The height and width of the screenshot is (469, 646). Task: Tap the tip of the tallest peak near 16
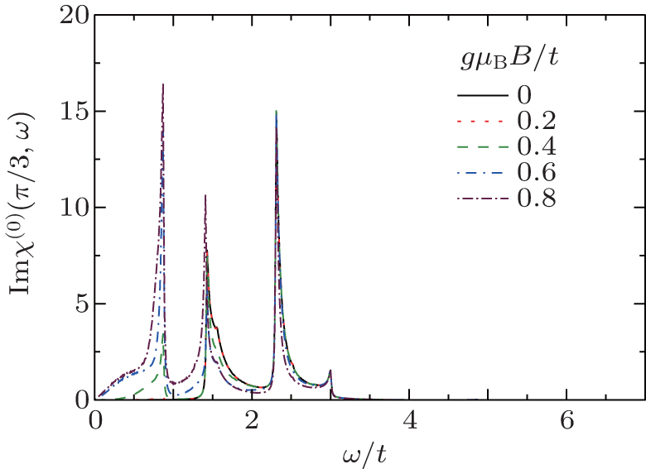[x=163, y=84]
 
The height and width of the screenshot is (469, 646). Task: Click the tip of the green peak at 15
[x=276, y=112]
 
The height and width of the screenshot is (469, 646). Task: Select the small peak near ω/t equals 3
[x=330, y=371]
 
